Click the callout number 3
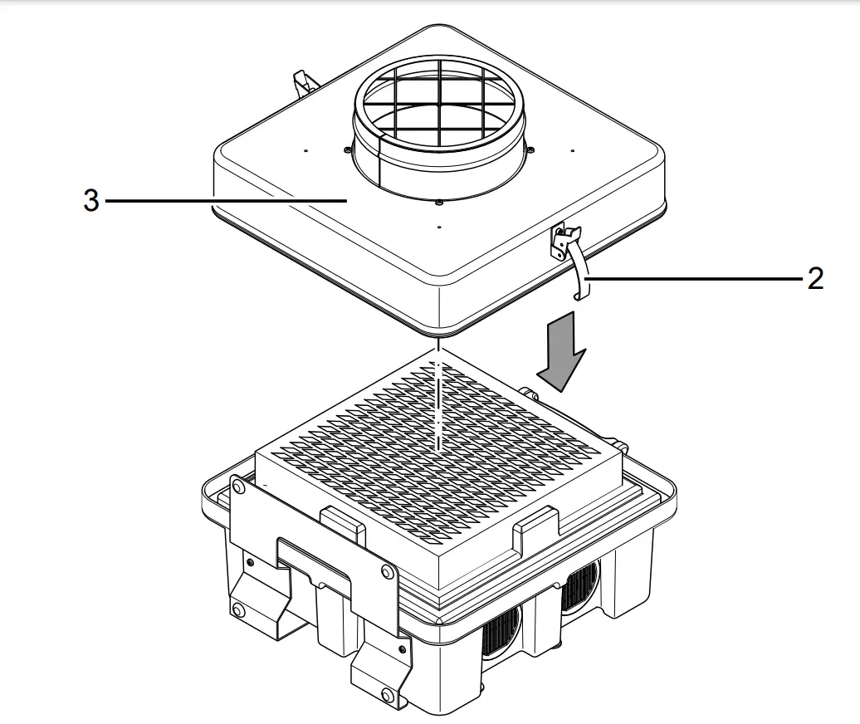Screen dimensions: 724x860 [x=91, y=201]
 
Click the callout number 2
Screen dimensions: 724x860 [x=815, y=279]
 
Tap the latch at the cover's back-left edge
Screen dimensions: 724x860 [x=305, y=82]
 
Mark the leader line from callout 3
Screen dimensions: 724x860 [x=224, y=201]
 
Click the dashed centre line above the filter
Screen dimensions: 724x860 [x=437, y=399]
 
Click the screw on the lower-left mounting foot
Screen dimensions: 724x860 [x=239, y=611]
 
